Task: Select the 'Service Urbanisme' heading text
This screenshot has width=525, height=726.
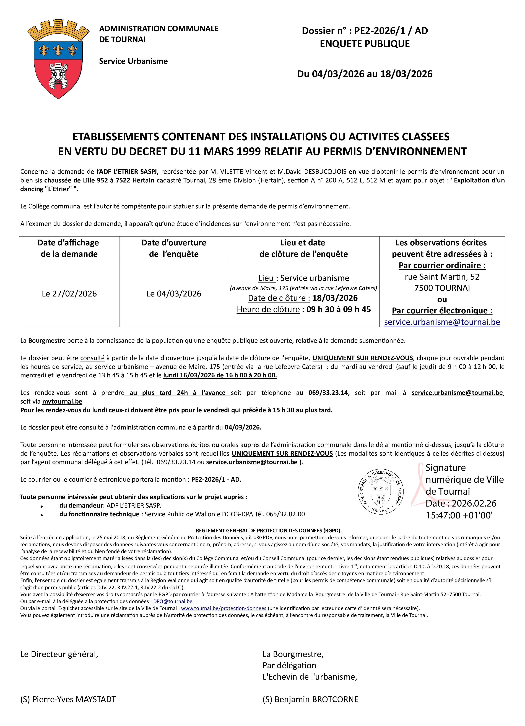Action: pyautogui.click(x=133, y=61)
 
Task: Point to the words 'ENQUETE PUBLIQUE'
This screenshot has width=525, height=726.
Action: pyautogui.click(x=365, y=44)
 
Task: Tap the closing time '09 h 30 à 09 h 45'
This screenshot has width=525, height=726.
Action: pyautogui.click(x=339, y=309)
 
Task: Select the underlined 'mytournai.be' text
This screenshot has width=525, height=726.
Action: pyautogui.click(x=62, y=401)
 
